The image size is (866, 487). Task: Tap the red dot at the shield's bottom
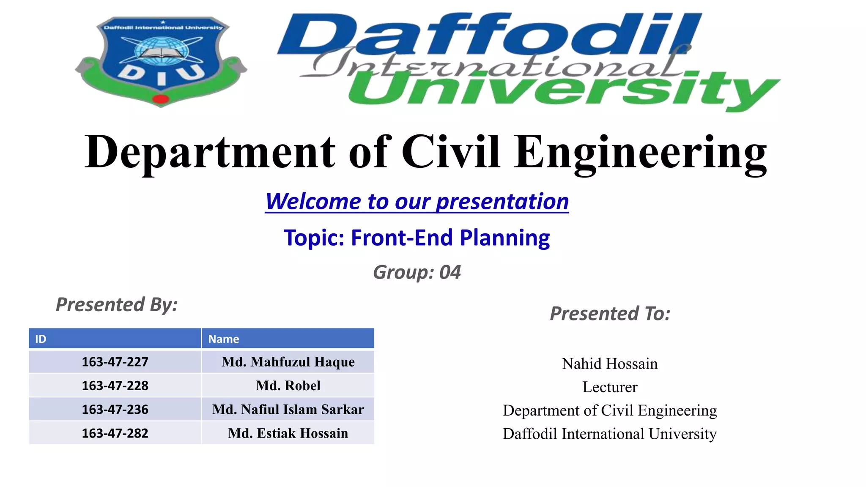tap(161, 99)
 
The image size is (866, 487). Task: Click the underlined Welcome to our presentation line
tap(417, 201)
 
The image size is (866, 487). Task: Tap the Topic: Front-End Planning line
tap(417, 238)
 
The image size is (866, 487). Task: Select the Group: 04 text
tap(417, 272)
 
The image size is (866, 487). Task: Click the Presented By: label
tap(117, 304)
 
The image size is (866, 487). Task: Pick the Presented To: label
tap(610, 314)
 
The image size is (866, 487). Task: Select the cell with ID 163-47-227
tap(115, 362)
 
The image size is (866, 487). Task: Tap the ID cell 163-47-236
tap(115, 409)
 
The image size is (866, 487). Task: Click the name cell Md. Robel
tap(288, 386)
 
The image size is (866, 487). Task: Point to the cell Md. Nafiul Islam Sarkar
tap(288, 409)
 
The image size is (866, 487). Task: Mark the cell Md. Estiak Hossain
tap(288, 433)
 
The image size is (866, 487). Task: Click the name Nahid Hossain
tap(610, 364)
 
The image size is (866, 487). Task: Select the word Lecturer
tap(610, 387)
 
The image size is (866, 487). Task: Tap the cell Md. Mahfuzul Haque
tap(288, 362)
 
